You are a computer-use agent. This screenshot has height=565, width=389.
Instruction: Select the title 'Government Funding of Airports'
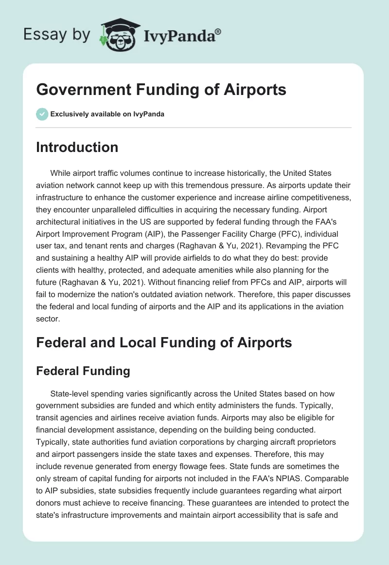pos(161,90)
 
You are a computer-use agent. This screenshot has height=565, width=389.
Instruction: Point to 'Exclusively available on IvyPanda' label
pos(107,114)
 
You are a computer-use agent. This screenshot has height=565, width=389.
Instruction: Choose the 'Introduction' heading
pos(77,147)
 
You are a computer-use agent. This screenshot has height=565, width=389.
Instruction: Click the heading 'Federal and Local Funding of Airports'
pos(164,342)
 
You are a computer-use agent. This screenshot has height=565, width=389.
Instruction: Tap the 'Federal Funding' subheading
pos(83,371)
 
